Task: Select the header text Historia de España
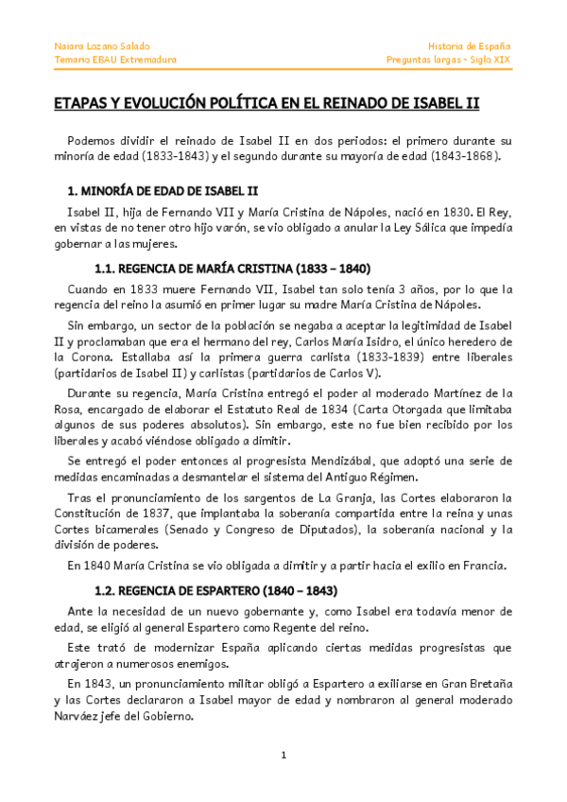click(470, 45)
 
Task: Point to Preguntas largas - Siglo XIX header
click(449, 60)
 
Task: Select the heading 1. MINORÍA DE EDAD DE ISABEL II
click(157, 190)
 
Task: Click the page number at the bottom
click(283, 755)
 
